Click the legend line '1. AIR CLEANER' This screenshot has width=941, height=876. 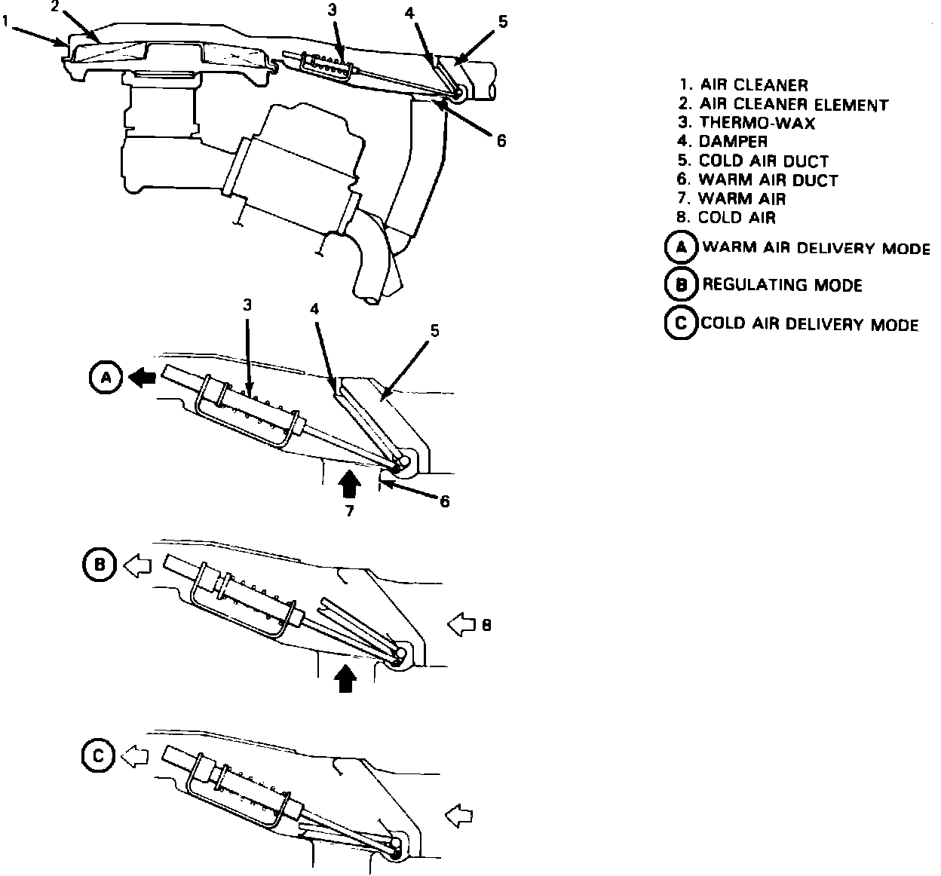[x=744, y=84]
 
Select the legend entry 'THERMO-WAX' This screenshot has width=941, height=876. [x=757, y=123]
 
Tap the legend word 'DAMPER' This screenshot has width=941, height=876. [x=733, y=141]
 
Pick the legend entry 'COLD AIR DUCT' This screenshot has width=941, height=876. [x=763, y=161]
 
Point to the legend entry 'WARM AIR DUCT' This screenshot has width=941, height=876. [x=768, y=179]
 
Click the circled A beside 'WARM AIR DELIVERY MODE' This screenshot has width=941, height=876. [x=681, y=247]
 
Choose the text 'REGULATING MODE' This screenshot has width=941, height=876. [x=782, y=285]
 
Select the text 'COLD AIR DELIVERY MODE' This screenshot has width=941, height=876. [x=809, y=324]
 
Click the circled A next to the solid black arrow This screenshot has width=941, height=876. [x=106, y=378]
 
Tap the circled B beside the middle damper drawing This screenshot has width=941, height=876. [x=99, y=565]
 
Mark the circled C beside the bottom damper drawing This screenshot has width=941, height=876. [x=98, y=756]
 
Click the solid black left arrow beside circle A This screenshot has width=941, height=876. [x=143, y=378]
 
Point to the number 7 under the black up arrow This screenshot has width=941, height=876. [x=349, y=510]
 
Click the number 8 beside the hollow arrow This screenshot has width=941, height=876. [x=486, y=626]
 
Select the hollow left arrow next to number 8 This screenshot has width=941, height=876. [x=461, y=624]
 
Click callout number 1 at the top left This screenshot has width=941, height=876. [x=5, y=21]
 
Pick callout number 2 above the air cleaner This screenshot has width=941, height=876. [x=55, y=6]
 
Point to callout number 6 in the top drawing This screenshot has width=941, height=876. [x=501, y=141]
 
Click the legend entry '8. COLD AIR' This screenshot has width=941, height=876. [x=726, y=217]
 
